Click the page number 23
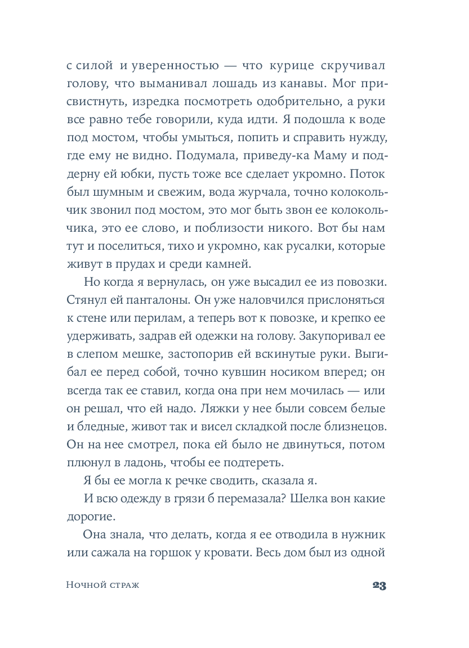(378, 586)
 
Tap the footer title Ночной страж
(102, 586)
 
